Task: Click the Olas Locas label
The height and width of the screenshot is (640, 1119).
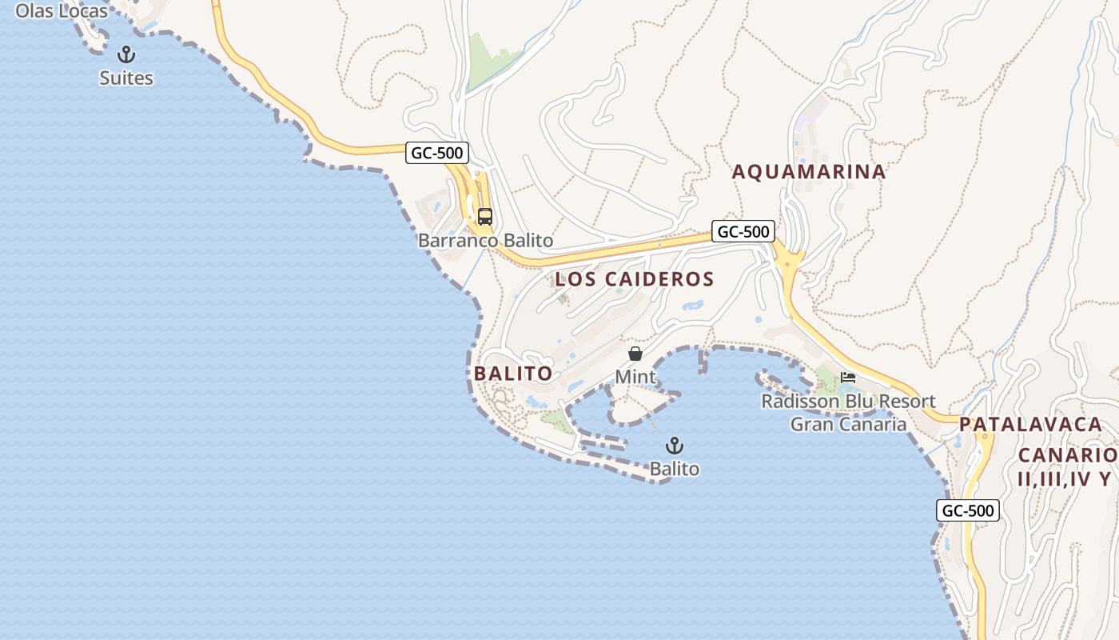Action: (62, 11)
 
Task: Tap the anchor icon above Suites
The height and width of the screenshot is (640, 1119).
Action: (126, 55)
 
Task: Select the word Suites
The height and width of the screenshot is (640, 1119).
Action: (126, 78)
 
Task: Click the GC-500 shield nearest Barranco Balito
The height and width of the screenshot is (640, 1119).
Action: (436, 153)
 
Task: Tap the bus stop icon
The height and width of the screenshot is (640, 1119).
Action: (485, 216)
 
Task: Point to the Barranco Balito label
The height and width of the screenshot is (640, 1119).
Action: (485, 240)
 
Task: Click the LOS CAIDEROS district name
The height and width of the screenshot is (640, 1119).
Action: (634, 279)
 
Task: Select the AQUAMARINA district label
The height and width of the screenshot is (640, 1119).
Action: (809, 172)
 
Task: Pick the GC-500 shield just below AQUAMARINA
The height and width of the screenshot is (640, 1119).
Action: (743, 232)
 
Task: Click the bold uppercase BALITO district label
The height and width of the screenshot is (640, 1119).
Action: (513, 374)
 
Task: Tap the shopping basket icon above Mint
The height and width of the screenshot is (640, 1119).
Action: (635, 354)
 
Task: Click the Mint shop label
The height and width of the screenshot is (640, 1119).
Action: (635, 377)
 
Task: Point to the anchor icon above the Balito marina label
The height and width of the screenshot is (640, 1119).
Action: (675, 446)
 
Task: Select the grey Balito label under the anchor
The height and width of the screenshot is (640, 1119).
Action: (675, 469)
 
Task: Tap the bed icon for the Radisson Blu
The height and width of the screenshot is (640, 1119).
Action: (848, 378)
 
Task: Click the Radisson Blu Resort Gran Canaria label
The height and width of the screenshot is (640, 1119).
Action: (848, 412)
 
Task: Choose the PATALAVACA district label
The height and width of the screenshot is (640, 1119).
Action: (1031, 424)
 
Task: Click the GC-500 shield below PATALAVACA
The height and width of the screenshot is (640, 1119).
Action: (968, 510)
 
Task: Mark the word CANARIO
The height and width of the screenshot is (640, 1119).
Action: (1067, 455)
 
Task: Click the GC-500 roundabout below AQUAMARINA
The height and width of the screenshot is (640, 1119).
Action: (789, 261)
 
